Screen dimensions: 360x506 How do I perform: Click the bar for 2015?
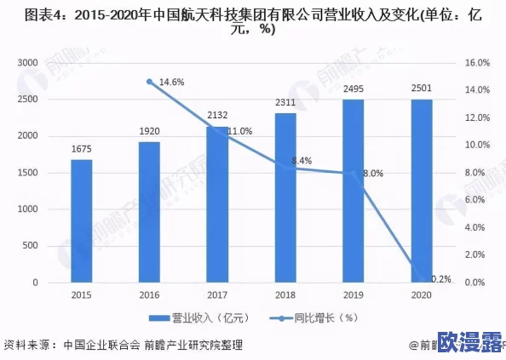(x=82, y=220)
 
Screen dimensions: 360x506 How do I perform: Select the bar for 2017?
(x=217, y=204)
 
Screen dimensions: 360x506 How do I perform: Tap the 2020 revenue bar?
(x=421, y=191)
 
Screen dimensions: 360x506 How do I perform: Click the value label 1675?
(x=82, y=151)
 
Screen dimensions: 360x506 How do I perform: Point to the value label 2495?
(x=354, y=89)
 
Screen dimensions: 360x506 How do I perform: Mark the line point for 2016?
(x=150, y=83)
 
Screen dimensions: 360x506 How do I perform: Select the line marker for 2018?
(x=285, y=167)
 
